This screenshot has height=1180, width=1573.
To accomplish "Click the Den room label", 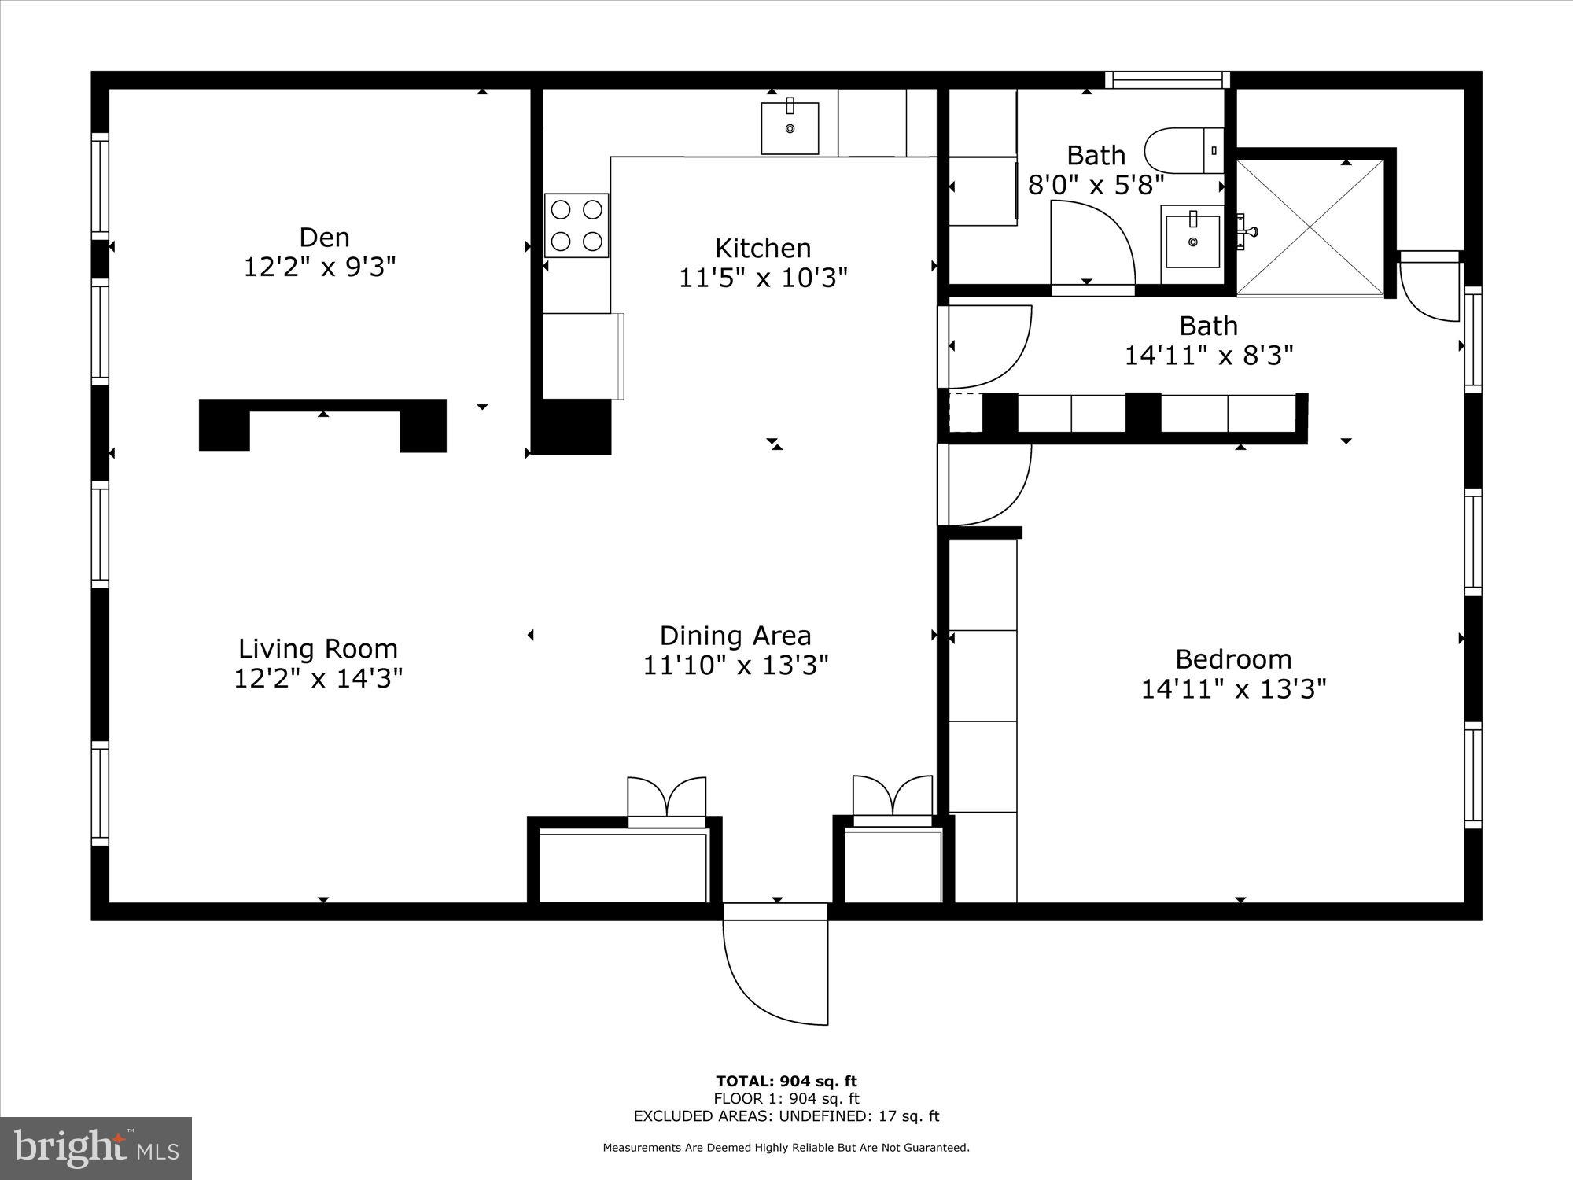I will click(x=324, y=238).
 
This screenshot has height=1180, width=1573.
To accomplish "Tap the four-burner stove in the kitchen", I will click(x=577, y=225).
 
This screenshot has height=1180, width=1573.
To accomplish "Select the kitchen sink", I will click(x=790, y=127).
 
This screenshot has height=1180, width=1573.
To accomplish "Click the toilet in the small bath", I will click(x=1183, y=150).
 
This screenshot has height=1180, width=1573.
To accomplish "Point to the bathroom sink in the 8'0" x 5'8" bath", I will click(x=1192, y=237).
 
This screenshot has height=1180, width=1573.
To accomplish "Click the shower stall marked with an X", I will click(x=1310, y=228).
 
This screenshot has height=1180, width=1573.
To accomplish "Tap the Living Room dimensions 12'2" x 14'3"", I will click(x=318, y=678).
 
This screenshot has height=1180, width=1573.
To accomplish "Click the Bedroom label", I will click(x=1232, y=659).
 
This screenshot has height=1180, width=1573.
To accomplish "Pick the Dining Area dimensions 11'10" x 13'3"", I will click(x=735, y=666).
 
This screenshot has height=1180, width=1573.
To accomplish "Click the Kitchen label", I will click(x=762, y=249).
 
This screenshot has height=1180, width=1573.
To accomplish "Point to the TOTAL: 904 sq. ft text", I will click(x=786, y=1081).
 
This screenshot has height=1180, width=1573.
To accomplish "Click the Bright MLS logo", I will click(x=96, y=1149).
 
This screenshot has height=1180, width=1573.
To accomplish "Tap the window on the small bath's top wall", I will click(x=1167, y=79).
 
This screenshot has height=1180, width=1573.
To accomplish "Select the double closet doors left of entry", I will click(x=666, y=798).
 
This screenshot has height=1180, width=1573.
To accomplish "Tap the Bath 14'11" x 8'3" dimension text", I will click(x=1208, y=356).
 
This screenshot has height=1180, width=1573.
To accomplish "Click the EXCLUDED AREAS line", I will click(x=786, y=1115).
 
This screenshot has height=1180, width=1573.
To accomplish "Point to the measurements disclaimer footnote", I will click(x=786, y=1148).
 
